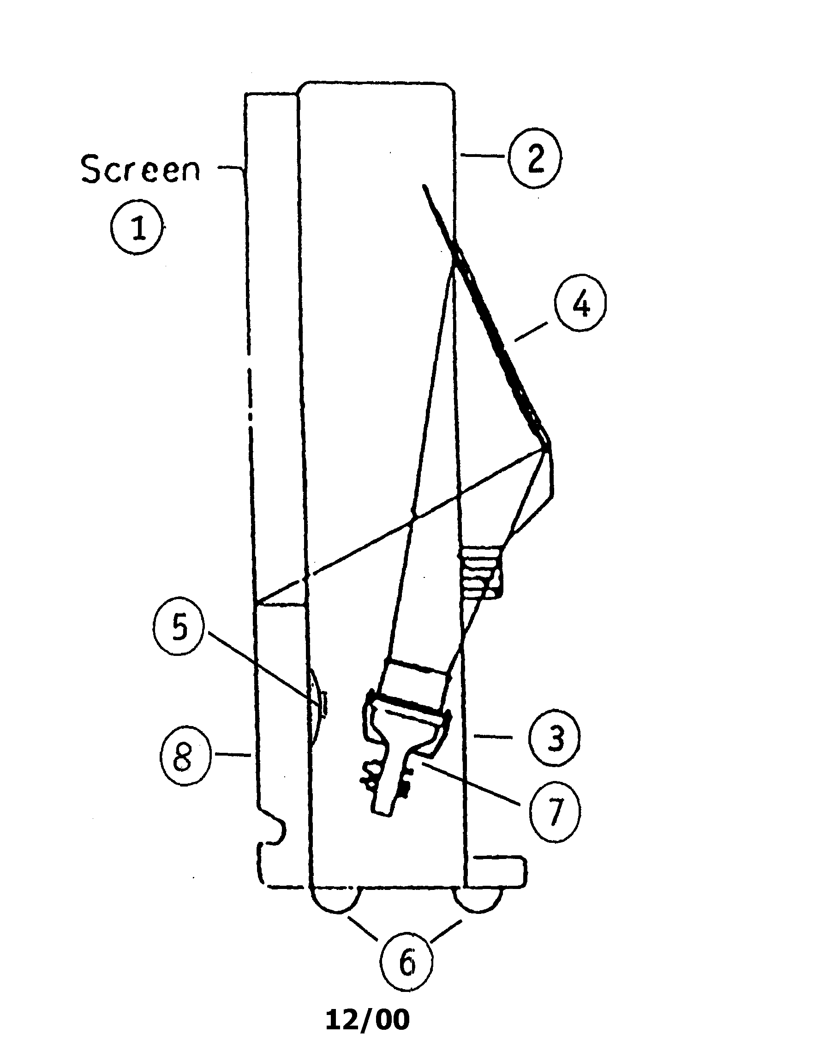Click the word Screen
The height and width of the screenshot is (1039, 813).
[141, 169]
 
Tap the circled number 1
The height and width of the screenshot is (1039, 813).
[138, 227]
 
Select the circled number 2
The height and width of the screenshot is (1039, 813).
[535, 156]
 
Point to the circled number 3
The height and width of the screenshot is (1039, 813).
[555, 739]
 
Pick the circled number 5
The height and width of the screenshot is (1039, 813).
[179, 628]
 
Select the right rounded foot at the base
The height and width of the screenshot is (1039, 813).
[478, 899]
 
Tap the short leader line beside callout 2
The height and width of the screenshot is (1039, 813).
[483, 155]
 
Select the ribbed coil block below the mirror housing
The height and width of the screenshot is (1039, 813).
[481, 572]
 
